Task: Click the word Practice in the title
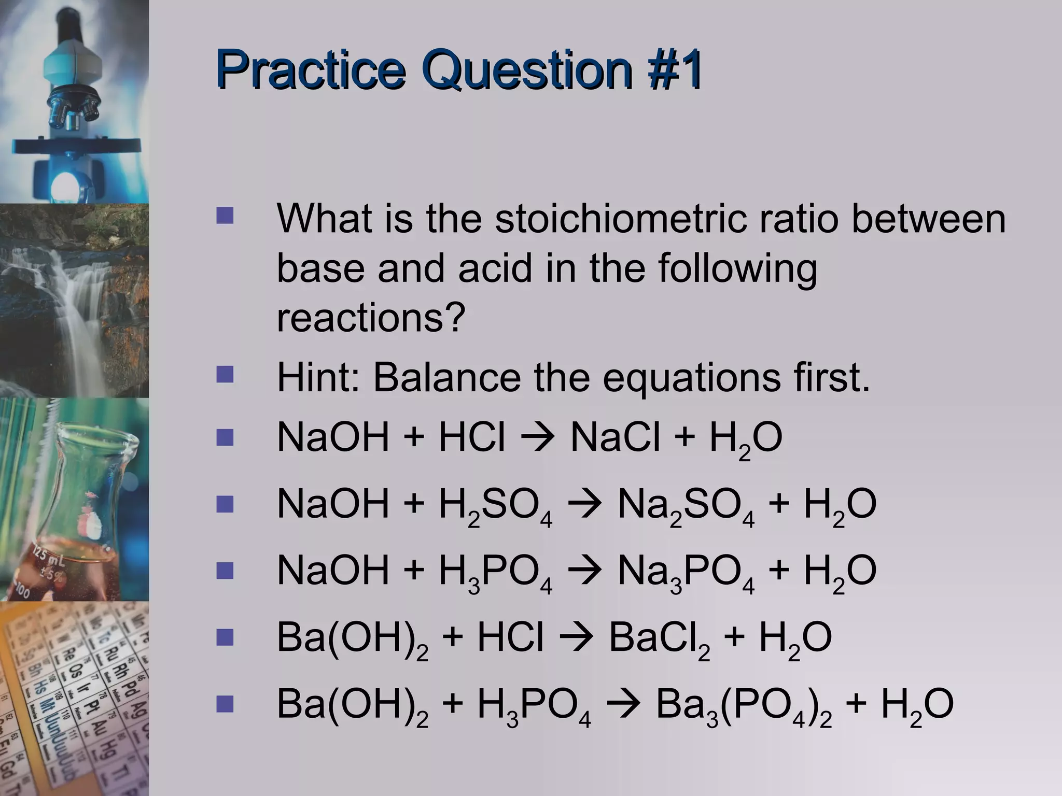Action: (x=310, y=72)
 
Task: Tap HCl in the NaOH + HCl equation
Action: (x=471, y=438)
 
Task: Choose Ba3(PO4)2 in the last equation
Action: (x=744, y=706)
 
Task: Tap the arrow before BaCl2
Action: (x=576, y=638)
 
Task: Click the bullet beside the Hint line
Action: (x=225, y=375)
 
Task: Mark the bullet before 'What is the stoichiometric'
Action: (x=225, y=216)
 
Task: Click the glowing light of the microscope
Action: (x=65, y=183)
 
